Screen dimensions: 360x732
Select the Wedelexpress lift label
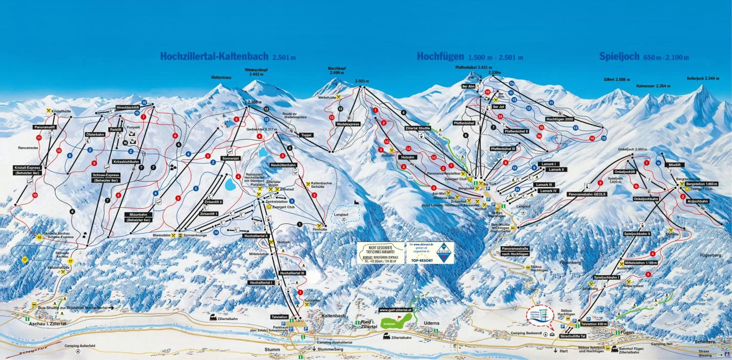pyautogui.click(x=348, y=124)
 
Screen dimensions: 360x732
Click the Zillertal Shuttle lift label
pyautogui.click(x=417, y=128)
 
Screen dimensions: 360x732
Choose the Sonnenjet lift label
pyautogui.click(x=230, y=158)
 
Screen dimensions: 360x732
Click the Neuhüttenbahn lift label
pyautogui.click(x=283, y=165)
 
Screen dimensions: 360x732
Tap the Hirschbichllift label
pyautogui.click(x=128, y=108)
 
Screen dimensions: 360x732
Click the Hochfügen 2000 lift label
pyautogui.click(x=559, y=119)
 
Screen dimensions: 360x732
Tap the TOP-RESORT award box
pyautogui.click(x=430, y=253)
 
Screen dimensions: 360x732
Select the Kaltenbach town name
pyautogui.click(x=334, y=316)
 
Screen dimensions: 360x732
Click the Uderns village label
pyautogui.click(x=431, y=323)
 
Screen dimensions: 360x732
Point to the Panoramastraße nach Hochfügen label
pyautogui.click(x=515, y=251)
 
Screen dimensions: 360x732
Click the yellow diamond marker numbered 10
pyautogui.click(x=39, y=237)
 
